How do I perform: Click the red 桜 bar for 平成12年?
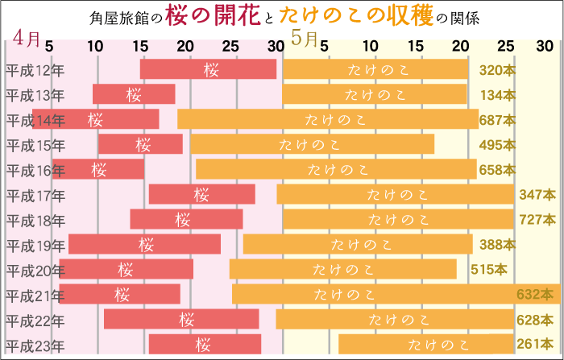click(208, 70)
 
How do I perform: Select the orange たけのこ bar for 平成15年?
click(312, 145)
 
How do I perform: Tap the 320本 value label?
click(497, 70)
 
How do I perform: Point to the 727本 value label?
click(537, 219)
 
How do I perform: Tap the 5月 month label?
click(305, 38)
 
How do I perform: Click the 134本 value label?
click(497, 95)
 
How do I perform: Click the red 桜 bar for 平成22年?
click(181, 320)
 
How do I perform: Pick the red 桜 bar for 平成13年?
click(134, 95)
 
